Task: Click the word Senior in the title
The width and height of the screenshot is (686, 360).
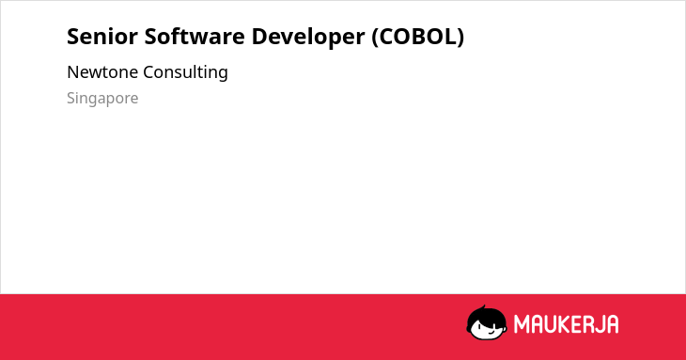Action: [x=101, y=37]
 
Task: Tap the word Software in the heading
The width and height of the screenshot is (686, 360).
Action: [x=195, y=37]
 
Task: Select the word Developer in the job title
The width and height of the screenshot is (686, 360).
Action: [x=308, y=38]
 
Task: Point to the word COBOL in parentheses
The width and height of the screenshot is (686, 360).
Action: [x=417, y=37]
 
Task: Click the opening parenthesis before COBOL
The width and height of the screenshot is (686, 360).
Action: [x=375, y=38]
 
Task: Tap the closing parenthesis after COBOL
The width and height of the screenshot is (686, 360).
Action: [x=460, y=38]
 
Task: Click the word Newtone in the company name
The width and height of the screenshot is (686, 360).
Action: [x=102, y=72]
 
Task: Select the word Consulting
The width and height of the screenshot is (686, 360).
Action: [x=185, y=72]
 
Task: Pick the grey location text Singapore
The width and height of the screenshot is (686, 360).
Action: [x=102, y=99]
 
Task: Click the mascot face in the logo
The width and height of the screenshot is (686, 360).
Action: [x=487, y=322]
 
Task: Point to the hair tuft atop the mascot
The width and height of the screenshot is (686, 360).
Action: [x=483, y=307]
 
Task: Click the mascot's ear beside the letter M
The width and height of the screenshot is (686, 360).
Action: [x=506, y=324]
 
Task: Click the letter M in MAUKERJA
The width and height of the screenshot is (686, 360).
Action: [x=522, y=324]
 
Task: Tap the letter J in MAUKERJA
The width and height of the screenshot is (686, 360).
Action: [x=600, y=324]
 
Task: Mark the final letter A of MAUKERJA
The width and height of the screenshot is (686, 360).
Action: [x=613, y=324]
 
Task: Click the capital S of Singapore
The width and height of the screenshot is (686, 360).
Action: [x=70, y=98]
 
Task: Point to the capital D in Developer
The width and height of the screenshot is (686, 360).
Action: [x=259, y=37]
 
